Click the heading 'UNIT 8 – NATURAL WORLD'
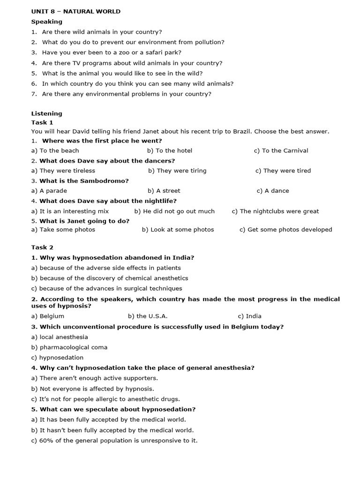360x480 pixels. click(76, 11)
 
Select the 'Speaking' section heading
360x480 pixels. click(46, 22)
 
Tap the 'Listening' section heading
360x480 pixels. click(46, 113)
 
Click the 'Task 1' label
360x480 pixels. click(42, 122)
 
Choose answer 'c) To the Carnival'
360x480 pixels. click(281, 150)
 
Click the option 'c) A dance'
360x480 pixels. click(273, 191)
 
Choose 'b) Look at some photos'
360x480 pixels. click(178, 230)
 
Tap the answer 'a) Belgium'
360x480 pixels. click(48, 316)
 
